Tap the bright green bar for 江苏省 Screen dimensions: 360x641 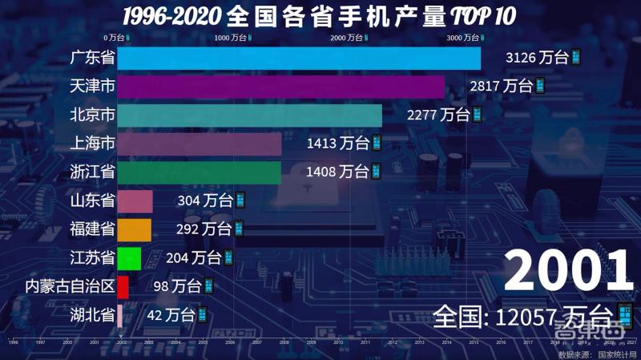click(129, 258)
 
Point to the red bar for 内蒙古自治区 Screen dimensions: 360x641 click(123, 286)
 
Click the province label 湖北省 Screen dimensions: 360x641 click(91, 315)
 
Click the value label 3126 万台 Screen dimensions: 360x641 click(536, 58)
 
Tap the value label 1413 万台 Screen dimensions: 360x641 click(337, 144)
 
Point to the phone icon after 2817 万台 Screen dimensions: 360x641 click(540, 87)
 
